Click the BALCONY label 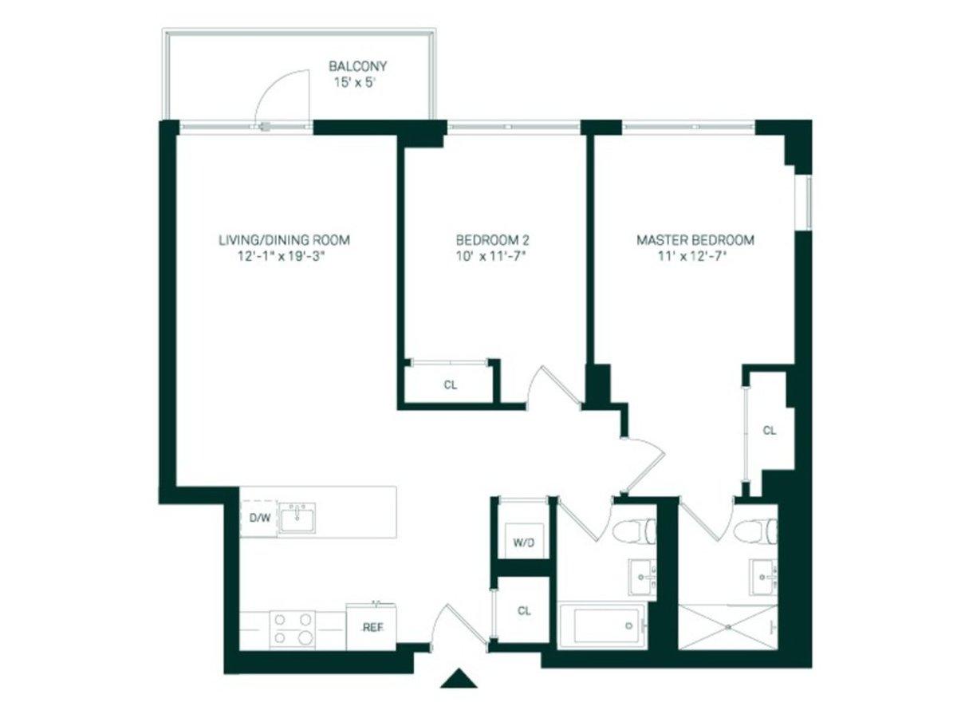358,66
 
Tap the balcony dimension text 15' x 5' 358,82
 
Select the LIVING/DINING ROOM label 285,239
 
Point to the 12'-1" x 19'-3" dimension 285,256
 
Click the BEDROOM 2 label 493,239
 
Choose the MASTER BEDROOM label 695,239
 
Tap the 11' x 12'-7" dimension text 695,256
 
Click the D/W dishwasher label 260,519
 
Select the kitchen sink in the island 297,518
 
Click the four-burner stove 292,627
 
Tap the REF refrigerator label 372,627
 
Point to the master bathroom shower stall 727,627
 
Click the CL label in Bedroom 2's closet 451,385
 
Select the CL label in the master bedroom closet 769,431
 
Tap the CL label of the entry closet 524,611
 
